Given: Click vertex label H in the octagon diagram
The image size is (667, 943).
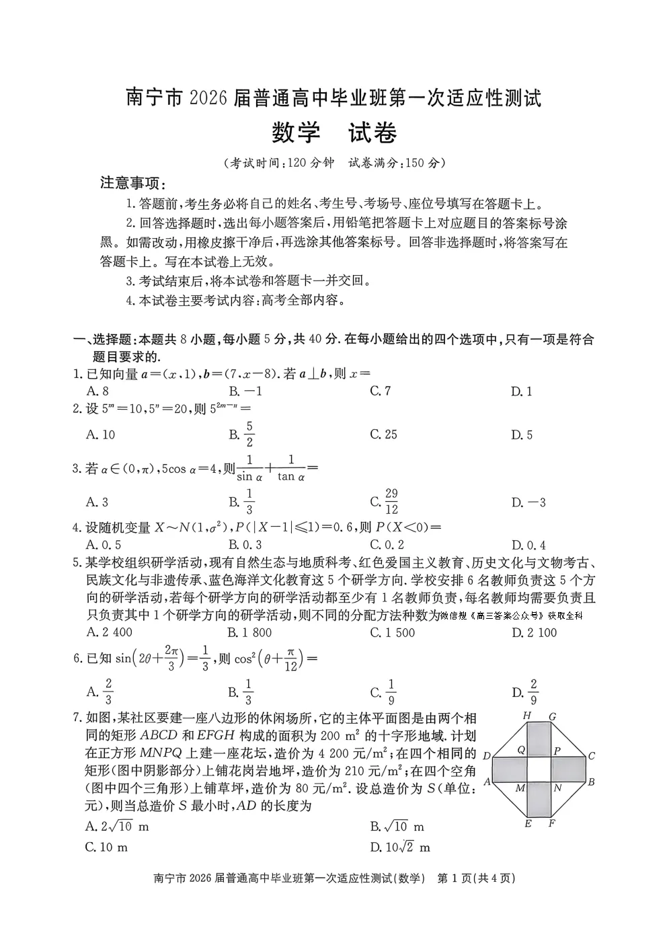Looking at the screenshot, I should point(527,716).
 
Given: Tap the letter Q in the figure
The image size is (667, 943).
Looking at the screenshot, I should point(521,749).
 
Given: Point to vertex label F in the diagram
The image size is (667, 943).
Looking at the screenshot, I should point(551,822).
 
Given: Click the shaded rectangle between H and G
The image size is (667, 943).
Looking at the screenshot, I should point(539,737).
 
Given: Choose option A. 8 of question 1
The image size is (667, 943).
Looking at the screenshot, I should point(97,391).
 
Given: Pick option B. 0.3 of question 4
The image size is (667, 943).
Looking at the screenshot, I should point(245,545).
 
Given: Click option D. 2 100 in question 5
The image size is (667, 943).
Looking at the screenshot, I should point(534,632).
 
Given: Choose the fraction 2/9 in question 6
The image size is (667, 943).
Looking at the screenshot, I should point(533,691).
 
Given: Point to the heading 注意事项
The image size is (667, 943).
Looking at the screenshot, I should point(132,183).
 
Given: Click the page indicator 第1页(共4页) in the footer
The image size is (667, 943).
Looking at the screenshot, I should point(476,878).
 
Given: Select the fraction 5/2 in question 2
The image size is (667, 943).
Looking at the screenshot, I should point(249,435).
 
